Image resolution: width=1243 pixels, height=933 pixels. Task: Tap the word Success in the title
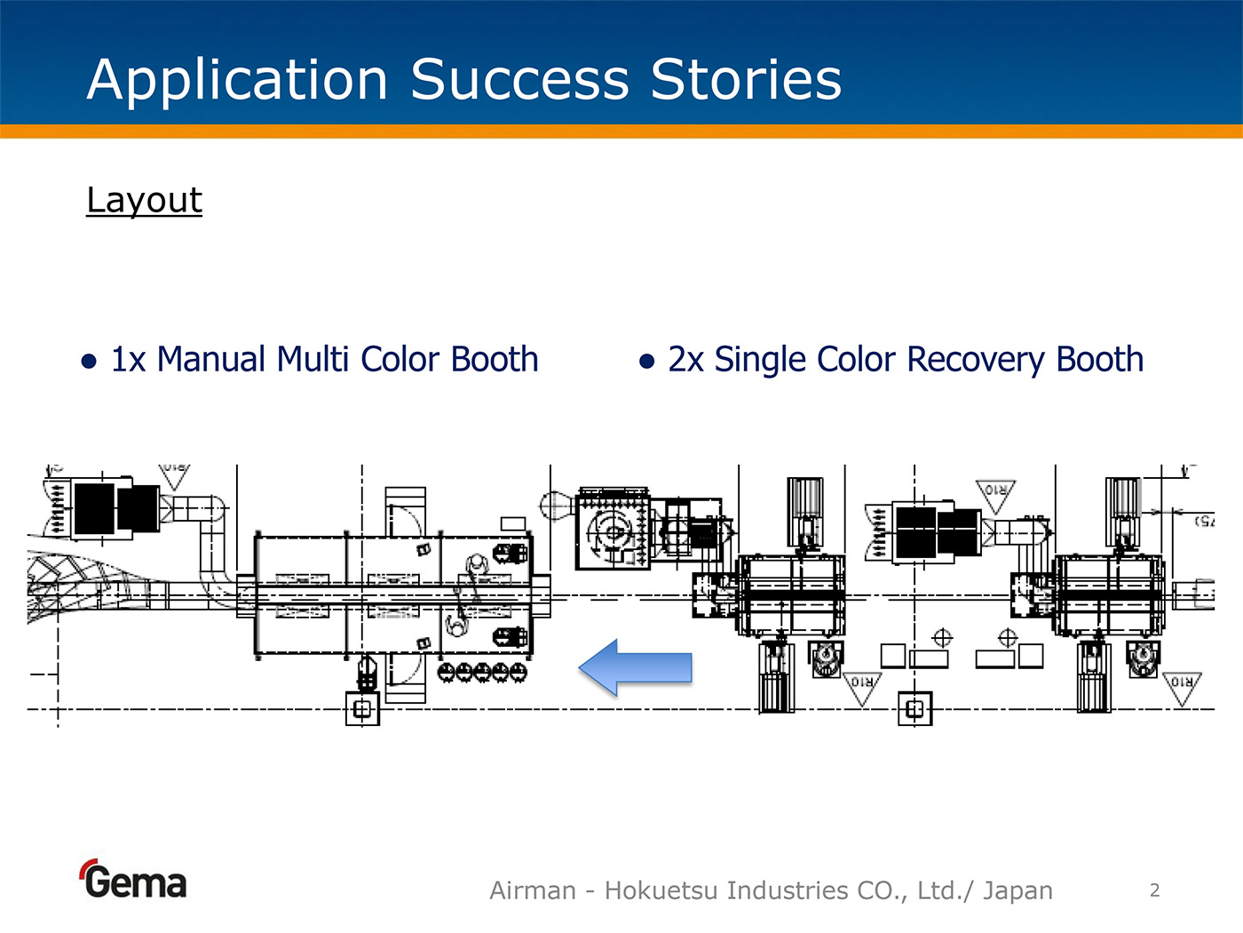520,80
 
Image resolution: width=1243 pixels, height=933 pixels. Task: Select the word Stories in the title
746,80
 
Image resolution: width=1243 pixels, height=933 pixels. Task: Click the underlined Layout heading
144,201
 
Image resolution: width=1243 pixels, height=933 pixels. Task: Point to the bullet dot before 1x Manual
89,361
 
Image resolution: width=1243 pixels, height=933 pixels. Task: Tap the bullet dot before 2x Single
646,361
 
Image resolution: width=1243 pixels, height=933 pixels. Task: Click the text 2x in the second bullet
685,360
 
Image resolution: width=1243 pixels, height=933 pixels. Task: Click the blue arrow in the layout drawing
635,666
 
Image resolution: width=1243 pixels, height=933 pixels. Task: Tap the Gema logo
133,881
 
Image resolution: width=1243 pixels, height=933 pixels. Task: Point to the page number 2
1154,890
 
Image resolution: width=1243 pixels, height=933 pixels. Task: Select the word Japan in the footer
1017,890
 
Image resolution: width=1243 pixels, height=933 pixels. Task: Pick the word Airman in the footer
533,890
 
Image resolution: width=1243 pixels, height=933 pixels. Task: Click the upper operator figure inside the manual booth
477,566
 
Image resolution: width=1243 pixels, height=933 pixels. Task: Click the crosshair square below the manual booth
361,709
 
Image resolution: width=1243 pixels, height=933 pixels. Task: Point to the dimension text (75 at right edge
1204,520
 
